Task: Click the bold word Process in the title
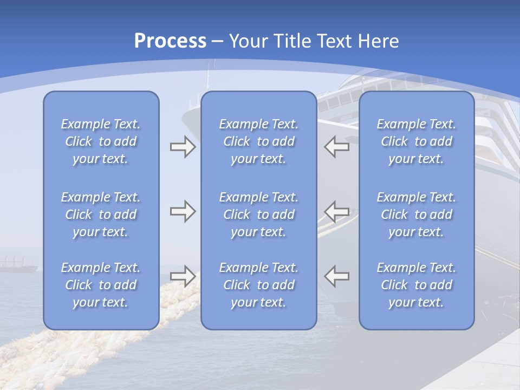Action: click(x=170, y=41)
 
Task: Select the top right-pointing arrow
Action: click(x=183, y=147)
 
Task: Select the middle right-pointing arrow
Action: click(x=183, y=211)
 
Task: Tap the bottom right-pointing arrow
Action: click(x=183, y=276)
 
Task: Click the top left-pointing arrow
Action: click(x=336, y=147)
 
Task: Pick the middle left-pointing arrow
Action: click(x=336, y=211)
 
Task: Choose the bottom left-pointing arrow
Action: click(x=336, y=276)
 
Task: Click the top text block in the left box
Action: click(x=101, y=141)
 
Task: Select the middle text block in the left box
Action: click(x=101, y=214)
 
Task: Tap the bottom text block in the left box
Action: click(x=101, y=285)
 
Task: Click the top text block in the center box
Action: click(x=258, y=141)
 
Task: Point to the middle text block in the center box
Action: click(x=258, y=214)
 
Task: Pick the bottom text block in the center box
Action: click(x=258, y=285)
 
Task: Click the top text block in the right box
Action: click(x=417, y=141)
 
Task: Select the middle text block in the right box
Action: click(x=417, y=214)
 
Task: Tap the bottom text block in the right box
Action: click(x=417, y=285)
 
